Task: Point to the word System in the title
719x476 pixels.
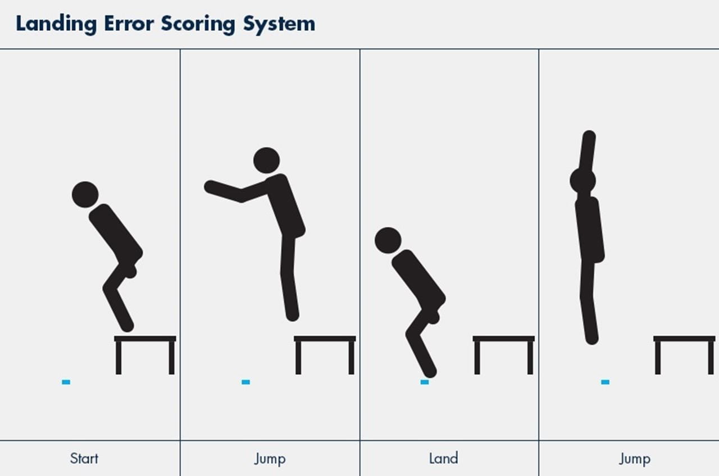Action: tap(279, 25)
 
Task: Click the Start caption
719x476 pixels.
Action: tap(84, 458)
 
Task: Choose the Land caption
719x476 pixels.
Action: tap(443, 458)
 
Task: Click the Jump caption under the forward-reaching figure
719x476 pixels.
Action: tap(270, 458)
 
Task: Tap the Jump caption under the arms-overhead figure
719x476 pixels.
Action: tap(634, 458)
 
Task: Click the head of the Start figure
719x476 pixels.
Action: tap(85, 194)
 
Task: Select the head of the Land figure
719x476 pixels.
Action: tap(388, 240)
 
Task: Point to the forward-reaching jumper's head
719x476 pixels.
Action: tap(266, 161)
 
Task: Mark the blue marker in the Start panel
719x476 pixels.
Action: tap(66, 382)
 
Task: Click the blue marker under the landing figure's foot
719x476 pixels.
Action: tap(425, 382)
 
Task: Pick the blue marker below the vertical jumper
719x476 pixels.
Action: tap(605, 382)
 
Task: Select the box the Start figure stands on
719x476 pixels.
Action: tap(145, 339)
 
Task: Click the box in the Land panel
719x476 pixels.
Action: tap(503, 339)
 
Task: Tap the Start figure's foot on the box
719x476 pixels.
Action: tap(127, 325)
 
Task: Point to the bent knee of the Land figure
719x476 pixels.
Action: tap(412, 335)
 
